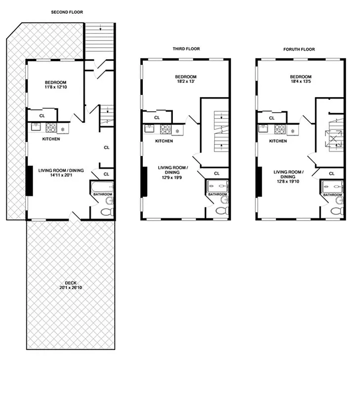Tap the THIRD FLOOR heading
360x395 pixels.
(x=186, y=49)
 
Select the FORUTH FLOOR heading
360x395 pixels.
(x=299, y=49)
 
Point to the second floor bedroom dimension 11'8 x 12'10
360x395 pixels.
(x=56, y=87)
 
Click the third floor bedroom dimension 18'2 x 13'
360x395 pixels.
(x=186, y=82)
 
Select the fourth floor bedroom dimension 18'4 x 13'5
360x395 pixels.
(x=301, y=82)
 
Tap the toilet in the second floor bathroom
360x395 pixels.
(x=106, y=211)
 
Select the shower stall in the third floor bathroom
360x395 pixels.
(x=218, y=186)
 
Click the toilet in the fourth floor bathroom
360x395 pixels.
(x=336, y=211)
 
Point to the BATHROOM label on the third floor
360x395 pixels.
(x=217, y=195)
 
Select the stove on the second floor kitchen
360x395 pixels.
(x=51, y=128)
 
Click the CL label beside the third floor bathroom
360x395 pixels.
(x=217, y=173)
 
